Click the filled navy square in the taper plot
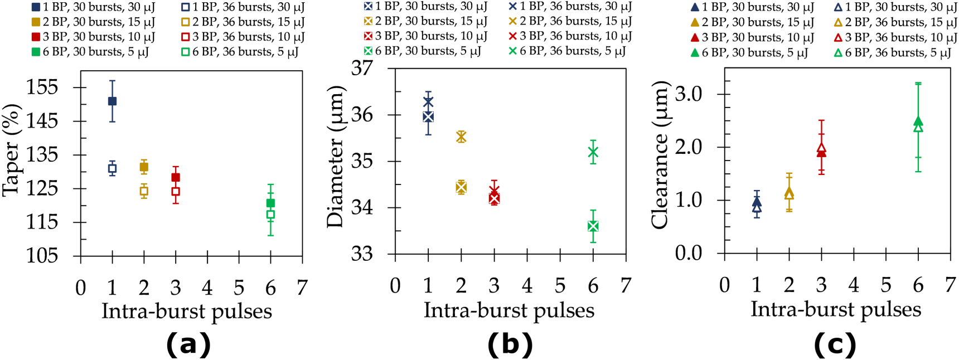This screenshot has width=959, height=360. tap(112, 101)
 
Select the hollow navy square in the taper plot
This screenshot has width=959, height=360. tap(112, 168)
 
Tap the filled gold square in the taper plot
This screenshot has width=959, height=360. tap(144, 167)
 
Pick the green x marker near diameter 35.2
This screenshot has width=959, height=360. tap(593, 152)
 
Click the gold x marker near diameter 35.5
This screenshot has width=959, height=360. tap(461, 137)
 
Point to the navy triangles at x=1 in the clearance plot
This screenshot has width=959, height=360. tap(757, 205)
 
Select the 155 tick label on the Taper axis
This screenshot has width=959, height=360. tap(42, 87)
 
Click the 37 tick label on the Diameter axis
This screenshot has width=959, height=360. tap(362, 69)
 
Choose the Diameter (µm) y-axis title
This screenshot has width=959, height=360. tap(335, 157)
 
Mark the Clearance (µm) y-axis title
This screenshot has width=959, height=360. tap(660, 154)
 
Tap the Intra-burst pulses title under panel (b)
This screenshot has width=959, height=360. tap(508, 310)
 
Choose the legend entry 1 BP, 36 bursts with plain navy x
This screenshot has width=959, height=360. tap(570, 7)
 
